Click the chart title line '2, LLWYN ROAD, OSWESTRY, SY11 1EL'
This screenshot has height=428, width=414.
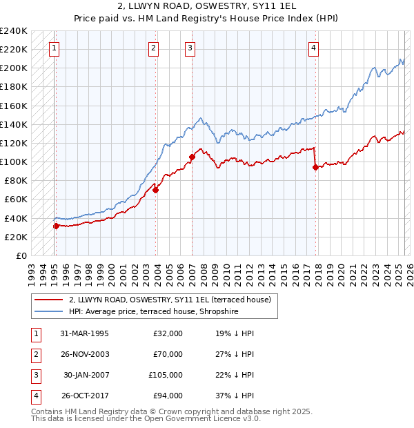pyautogui.click(x=207, y=6)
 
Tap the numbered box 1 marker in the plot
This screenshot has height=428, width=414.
pyautogui.click(x=55, y=48)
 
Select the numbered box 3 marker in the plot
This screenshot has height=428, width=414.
pyautogui.click(x=190, y=48)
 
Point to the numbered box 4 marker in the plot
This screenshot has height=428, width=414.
pyautogui.click(x=313, y=48)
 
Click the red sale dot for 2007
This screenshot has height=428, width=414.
pyautogui.click(x=192, y=157)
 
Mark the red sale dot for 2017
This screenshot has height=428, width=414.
pyautogui.click(x=315, y=167)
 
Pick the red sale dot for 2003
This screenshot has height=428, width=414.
pyautogui.click(x=156, y=190)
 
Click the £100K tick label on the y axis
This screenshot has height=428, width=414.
pyautogui.click(x=14, y=162)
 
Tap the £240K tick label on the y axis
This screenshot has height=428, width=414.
pyautogui.click(x=14, y=31)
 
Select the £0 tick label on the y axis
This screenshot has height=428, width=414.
pyautogui.click(x=21, y=255)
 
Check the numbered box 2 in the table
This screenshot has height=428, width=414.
pyautogui.click(x=34, y=354)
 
